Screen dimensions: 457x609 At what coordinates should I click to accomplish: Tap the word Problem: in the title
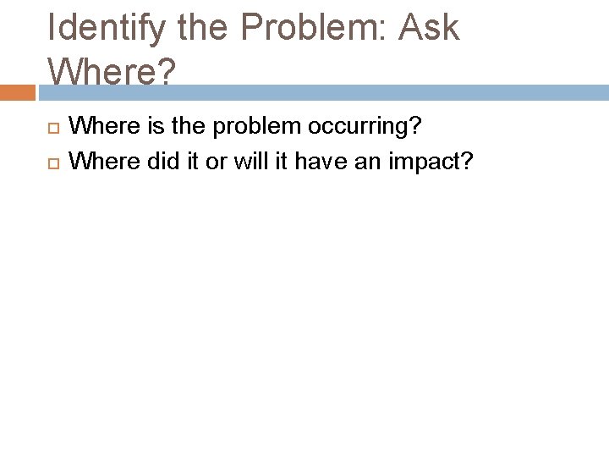[309, 29]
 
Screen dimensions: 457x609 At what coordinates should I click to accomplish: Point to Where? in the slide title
[112, 73]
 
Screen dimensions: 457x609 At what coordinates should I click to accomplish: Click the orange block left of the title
[16, 91]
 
